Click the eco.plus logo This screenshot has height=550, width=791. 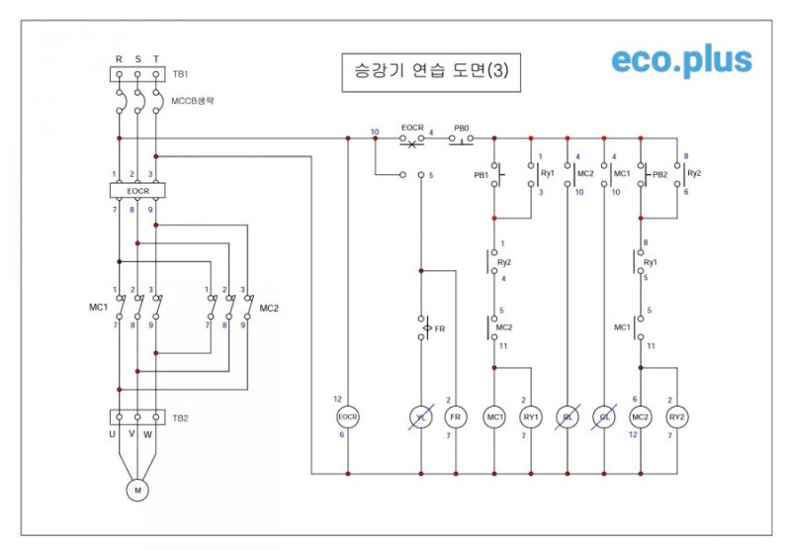(681, 61)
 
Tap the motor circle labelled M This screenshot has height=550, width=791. (137, 490)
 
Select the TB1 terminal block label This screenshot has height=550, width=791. (180, 74)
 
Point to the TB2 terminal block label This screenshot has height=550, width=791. (180, 418)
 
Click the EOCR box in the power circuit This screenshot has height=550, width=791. (137, 190)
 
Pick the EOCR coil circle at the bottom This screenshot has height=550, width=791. (348, 417)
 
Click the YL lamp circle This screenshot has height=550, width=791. (421, 417)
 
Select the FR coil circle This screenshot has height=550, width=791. (456, 417)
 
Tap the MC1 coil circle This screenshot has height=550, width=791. (494, 417)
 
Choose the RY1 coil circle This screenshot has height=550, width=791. (532, 417)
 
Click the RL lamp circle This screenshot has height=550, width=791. (569, 417)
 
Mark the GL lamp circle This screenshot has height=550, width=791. (604, 417)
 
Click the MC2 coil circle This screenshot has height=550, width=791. (640, 417)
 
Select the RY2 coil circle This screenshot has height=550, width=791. (677, 417)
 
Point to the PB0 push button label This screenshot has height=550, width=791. (461, 129)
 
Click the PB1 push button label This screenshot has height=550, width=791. (481, 175)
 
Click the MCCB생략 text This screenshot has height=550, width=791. (194, 100)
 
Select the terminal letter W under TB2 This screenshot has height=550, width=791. (148, 434)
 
